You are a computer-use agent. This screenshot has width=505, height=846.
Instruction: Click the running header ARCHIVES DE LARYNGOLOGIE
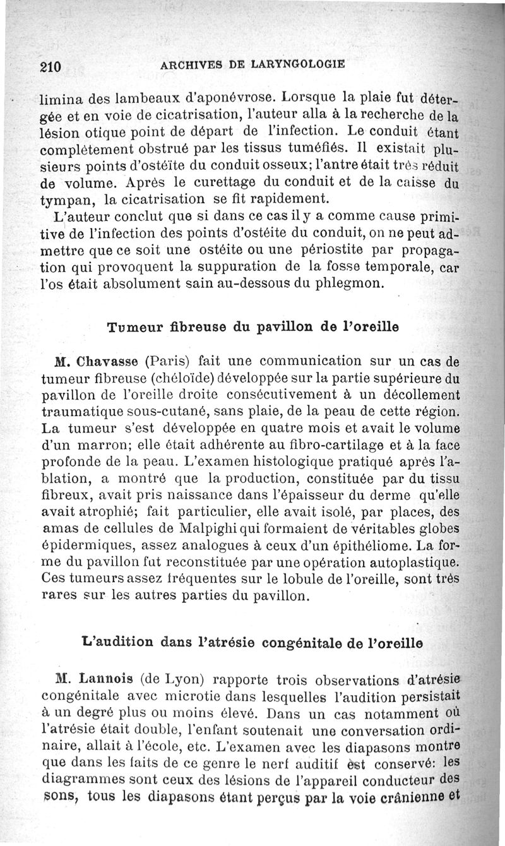click(252, 64)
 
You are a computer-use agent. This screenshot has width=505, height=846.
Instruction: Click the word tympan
click(66, 201)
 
